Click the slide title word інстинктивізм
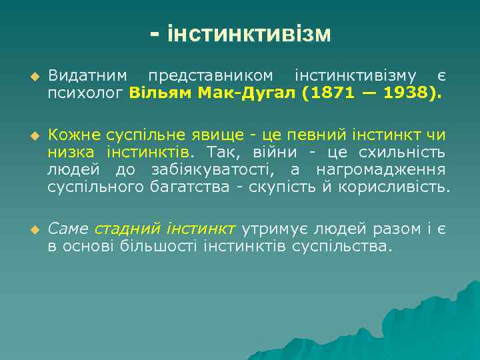[249, 34]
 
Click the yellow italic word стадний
[127, 229]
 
